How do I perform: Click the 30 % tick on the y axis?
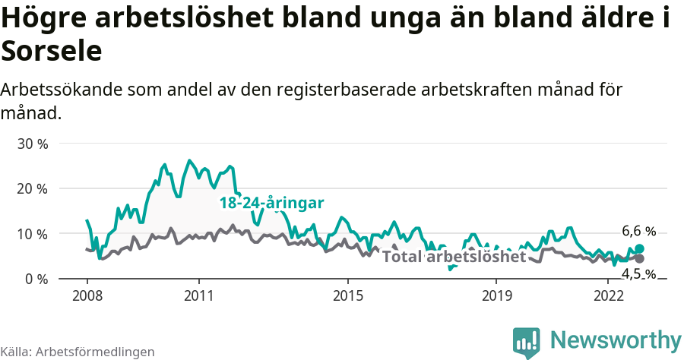click(x=33, y=144)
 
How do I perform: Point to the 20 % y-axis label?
click(x=33, y=188)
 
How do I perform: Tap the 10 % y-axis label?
click(x=33, y=234)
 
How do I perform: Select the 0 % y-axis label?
click(x=36, y=279)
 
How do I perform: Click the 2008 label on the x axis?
click(x=87, y=295)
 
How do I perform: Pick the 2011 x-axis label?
click(x=198, y=295)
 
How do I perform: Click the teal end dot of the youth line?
click(x=639, y=248)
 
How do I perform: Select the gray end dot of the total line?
click(x=639, y=258)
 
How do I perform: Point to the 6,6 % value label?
click(x=638, y=231)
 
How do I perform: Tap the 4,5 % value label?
click(x=638, y=274)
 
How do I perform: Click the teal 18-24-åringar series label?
click(x=271, y=203)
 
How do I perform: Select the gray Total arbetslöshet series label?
click(x=454, y=257)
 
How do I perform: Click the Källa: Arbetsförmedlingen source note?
click(x=78, y=352)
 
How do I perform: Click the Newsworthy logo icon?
click(x=527, y=342)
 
